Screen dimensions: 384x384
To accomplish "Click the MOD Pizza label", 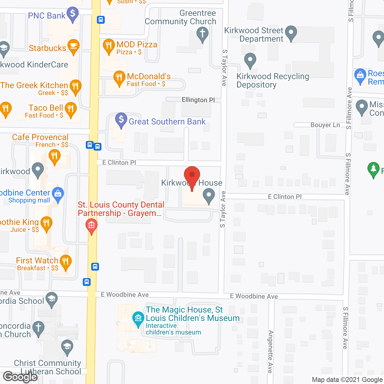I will [137, 44].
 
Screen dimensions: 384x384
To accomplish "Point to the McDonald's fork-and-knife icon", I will [119, 78].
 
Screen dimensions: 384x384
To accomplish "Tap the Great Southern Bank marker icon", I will [121, 120].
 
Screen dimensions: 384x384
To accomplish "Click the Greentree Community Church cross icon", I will [202, 34].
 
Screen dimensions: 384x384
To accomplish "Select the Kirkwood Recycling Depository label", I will [273, 80].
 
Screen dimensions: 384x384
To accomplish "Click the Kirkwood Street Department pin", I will [291, 33].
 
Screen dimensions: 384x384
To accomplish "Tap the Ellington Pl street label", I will [198, 100].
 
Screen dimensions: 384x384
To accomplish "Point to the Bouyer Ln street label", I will [325, 125].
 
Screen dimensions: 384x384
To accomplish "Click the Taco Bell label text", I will [46, 108].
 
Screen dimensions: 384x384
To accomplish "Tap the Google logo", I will [20, 376].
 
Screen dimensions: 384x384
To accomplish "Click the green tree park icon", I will [373, 169].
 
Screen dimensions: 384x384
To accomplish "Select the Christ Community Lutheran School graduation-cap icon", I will [67, 346].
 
